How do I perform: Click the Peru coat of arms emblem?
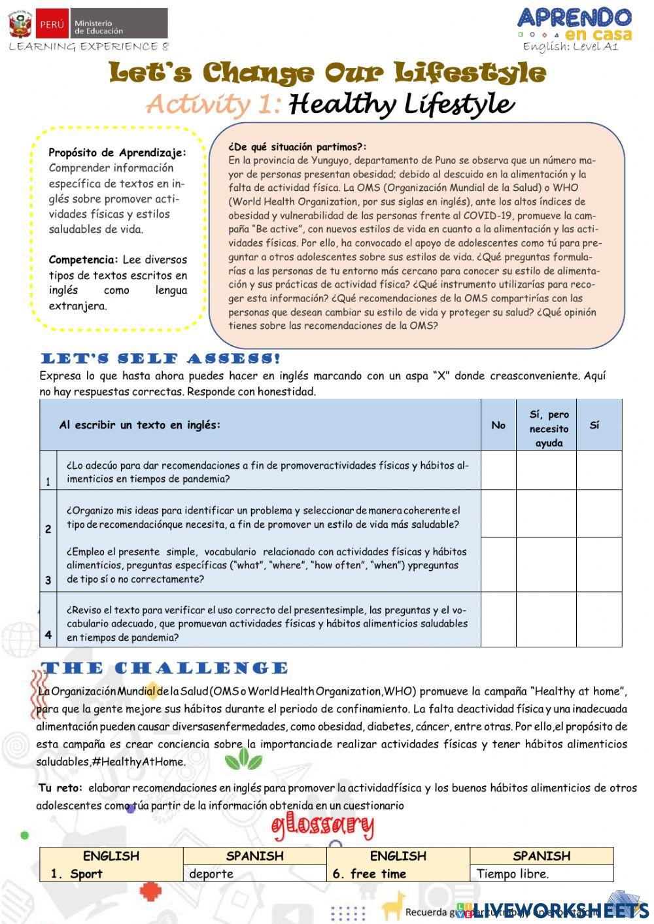point(20,24)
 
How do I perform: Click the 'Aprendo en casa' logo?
point(574,24)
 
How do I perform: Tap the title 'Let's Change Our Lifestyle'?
point(327,73)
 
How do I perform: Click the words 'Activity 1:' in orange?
point(214,104)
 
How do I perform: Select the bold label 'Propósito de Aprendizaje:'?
point(117,152)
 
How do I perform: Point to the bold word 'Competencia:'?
point(83,260)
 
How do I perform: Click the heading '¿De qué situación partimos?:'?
point(298,147)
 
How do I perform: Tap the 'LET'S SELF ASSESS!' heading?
point(161,358)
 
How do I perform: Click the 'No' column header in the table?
point(498,425)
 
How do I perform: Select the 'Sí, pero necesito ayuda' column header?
point(548,428)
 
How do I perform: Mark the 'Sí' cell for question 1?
point(598,470)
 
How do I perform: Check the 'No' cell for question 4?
point(498,619)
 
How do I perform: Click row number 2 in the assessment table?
point(48,529)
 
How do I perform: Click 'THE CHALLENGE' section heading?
point(164,668)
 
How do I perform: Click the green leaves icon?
point(243,759)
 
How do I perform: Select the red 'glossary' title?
point(322,827)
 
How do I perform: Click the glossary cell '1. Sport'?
point(77,874)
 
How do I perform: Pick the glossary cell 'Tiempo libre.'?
point(513,874)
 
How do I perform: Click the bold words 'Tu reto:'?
point(60,788)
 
